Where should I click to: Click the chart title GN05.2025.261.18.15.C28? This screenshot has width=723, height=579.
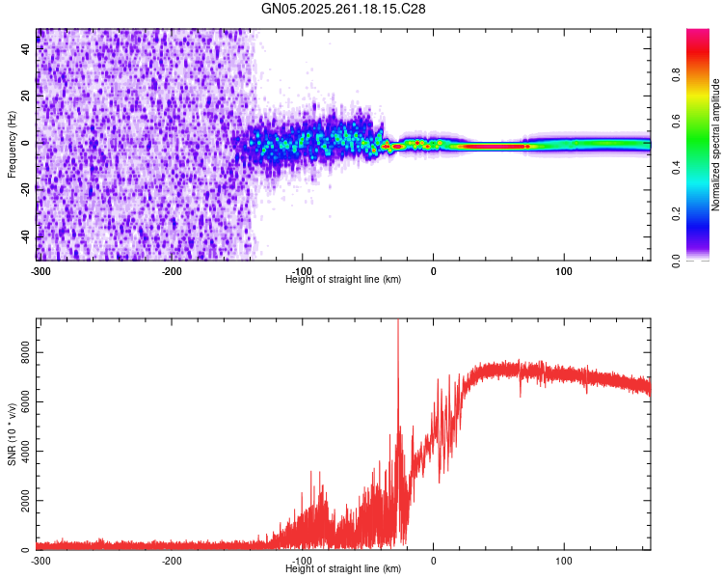(x=344, y=9)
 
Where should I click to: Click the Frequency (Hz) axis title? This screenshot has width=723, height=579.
(x=12, y=144)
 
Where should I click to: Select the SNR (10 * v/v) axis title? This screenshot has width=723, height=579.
(x=12, y=433)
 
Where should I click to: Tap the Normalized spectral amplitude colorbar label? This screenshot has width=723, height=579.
(x=716, y=144)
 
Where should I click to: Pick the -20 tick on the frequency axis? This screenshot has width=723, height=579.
(x=25, y=190)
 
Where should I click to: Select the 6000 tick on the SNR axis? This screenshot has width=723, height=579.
(x=25, y=402)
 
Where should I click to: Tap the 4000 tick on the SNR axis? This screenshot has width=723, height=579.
(x=25, y=452)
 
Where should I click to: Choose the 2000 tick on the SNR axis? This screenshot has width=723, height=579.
(x=25, y=501)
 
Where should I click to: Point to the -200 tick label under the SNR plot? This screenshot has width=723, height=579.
(x=172, y=561)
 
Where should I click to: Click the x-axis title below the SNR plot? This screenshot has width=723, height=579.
(x=343, y=569)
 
